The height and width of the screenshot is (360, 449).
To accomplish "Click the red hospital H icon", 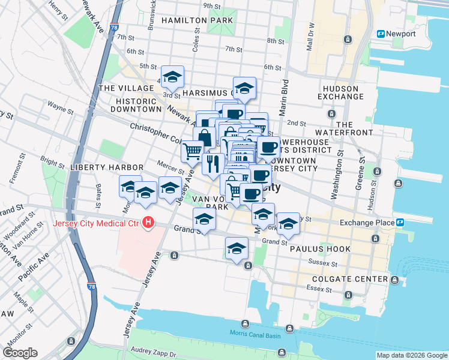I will click(x=148, y=224).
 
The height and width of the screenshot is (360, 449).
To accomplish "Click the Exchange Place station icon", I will click(x=400, y=223).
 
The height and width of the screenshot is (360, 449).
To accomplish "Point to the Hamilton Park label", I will click(x=188, y=20).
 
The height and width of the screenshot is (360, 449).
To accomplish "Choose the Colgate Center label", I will click(x=354, y=279).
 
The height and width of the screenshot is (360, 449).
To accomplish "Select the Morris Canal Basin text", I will click(x=255, y=334).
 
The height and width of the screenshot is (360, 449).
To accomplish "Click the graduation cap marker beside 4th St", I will click(x=172, y=77).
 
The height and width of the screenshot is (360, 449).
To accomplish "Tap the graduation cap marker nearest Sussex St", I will click(x=237, y=248).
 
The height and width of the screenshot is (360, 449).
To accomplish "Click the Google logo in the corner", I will click(x=20, y=353).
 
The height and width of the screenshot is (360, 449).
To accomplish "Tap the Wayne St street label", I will click(x=61, y=109).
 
